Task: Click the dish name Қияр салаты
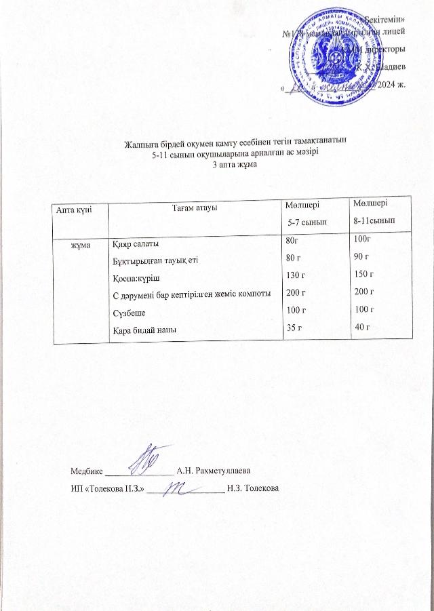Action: point(136,244)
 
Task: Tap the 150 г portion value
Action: point(364,273)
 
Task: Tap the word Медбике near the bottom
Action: point(86,470)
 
